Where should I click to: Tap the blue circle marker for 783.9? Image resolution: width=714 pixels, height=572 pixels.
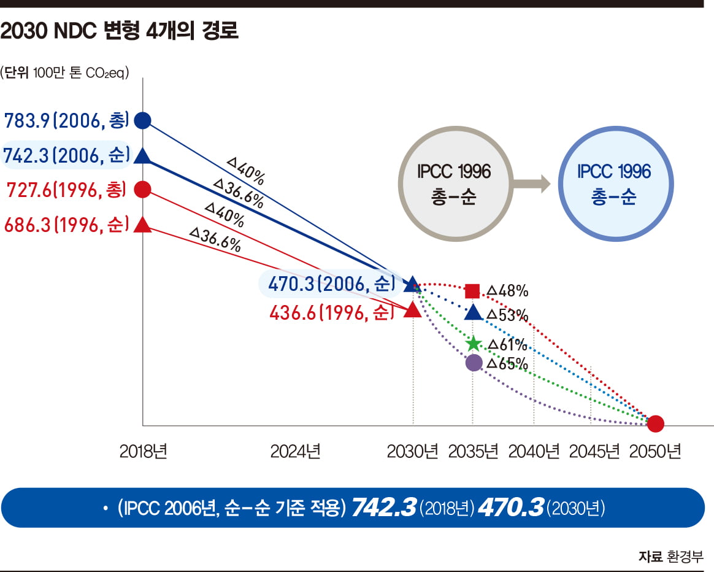[142, 120]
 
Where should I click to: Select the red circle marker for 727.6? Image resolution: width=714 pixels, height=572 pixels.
[142, 190]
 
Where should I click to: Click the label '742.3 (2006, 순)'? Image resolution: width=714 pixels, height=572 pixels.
[66, 156]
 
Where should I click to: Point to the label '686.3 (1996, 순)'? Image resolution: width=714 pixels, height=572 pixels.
[66, 225]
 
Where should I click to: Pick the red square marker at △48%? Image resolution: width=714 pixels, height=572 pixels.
[472, 291]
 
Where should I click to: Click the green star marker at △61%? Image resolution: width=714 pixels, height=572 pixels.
[473, 344]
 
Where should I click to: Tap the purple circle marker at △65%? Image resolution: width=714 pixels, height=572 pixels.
[474, 363]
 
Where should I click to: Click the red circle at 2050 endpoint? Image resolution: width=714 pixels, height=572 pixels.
[656, 423]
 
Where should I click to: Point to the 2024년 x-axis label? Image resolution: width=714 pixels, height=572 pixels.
[296, 452]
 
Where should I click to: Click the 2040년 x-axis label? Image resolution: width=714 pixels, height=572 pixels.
[534, 452]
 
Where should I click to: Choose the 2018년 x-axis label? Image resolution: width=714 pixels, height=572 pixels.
[144, 452]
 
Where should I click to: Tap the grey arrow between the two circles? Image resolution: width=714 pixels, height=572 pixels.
[531, 182]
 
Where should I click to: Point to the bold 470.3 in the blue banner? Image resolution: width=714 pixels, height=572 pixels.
[510, 508]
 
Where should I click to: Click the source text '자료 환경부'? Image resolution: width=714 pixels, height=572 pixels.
[670, 557]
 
